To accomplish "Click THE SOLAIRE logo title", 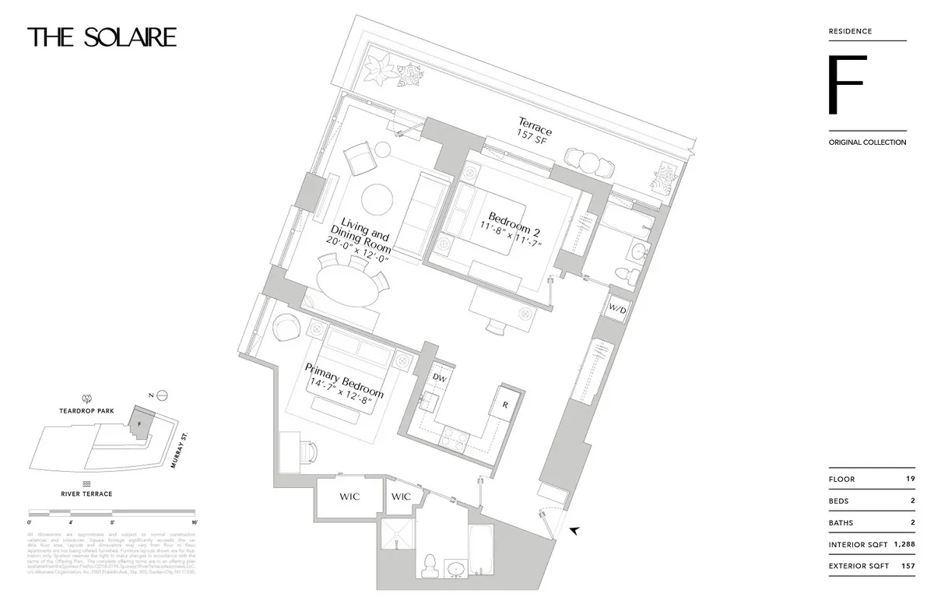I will (102, 37).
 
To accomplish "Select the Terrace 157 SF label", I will (535, 128).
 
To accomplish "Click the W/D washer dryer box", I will (618, 310).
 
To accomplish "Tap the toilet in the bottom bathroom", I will (429, 565).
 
